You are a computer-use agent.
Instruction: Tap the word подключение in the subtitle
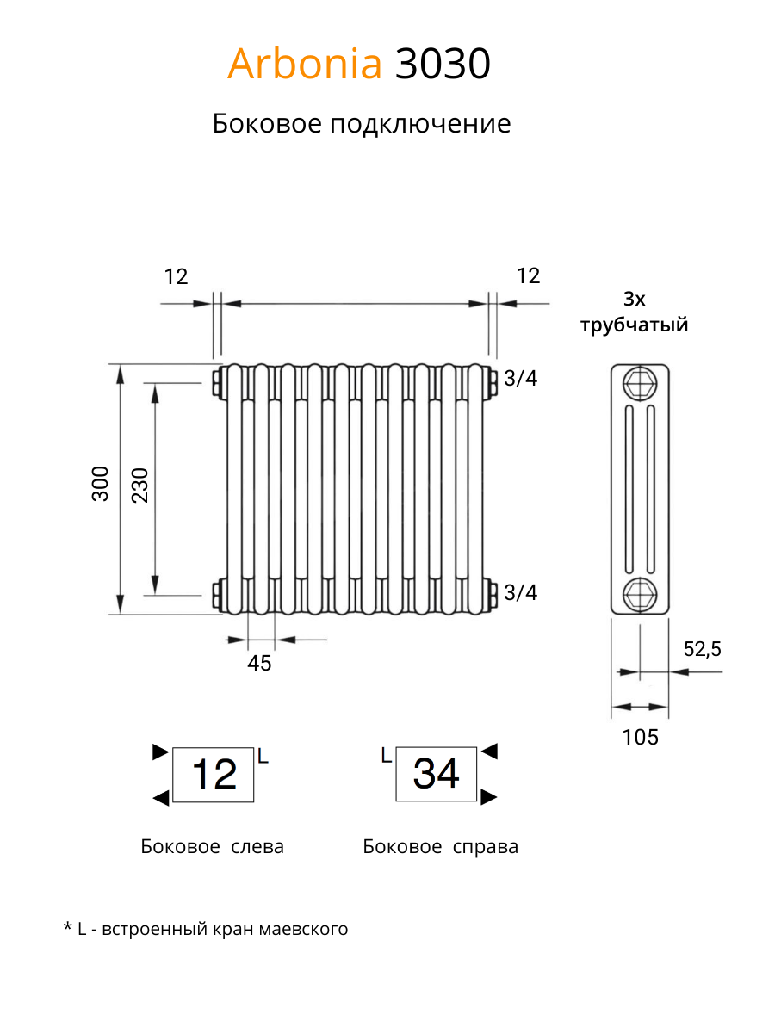pyautogui.click(x=420, y=125)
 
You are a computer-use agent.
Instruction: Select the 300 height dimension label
pyautogui.click(x=100, y=484)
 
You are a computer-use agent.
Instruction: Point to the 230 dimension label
pyautogui.click(x=139, y=486)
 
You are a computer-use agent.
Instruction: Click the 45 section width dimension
pyautogui.click(x=259, y=663)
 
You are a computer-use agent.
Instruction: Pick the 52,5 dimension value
pyautogui.click(x=702, y=649)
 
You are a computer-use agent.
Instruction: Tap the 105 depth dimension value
pyautogui.click(x=640, y=737)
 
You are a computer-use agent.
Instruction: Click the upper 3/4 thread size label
pyautogui.click(x=520, y=379)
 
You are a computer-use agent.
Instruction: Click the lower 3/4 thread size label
pyautogui.click(x=520, y=592)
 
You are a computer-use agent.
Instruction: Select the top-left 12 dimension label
pyautogui.click(x=176, y=276)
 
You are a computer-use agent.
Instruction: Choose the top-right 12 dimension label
pyautogui.click(x=528, y=275)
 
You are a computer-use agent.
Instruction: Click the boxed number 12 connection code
pyautogui.click(x=214, y=774)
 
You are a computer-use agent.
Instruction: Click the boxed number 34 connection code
pyautogui.click(x=436, y=774)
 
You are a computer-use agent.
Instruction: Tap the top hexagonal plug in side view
pyautogui.click(x=640, y=383)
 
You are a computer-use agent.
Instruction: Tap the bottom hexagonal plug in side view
pyautogui.click(x=640, y=595)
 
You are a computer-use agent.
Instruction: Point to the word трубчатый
pyautogui.click(x=634, y=325)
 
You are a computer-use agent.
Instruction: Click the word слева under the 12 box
pyautogui.click(x=257, y=847)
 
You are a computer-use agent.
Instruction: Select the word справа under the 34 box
pyautogui.click(x=485, y=848)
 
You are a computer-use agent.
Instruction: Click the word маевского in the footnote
pyautogui.click(x=303, y=929)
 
